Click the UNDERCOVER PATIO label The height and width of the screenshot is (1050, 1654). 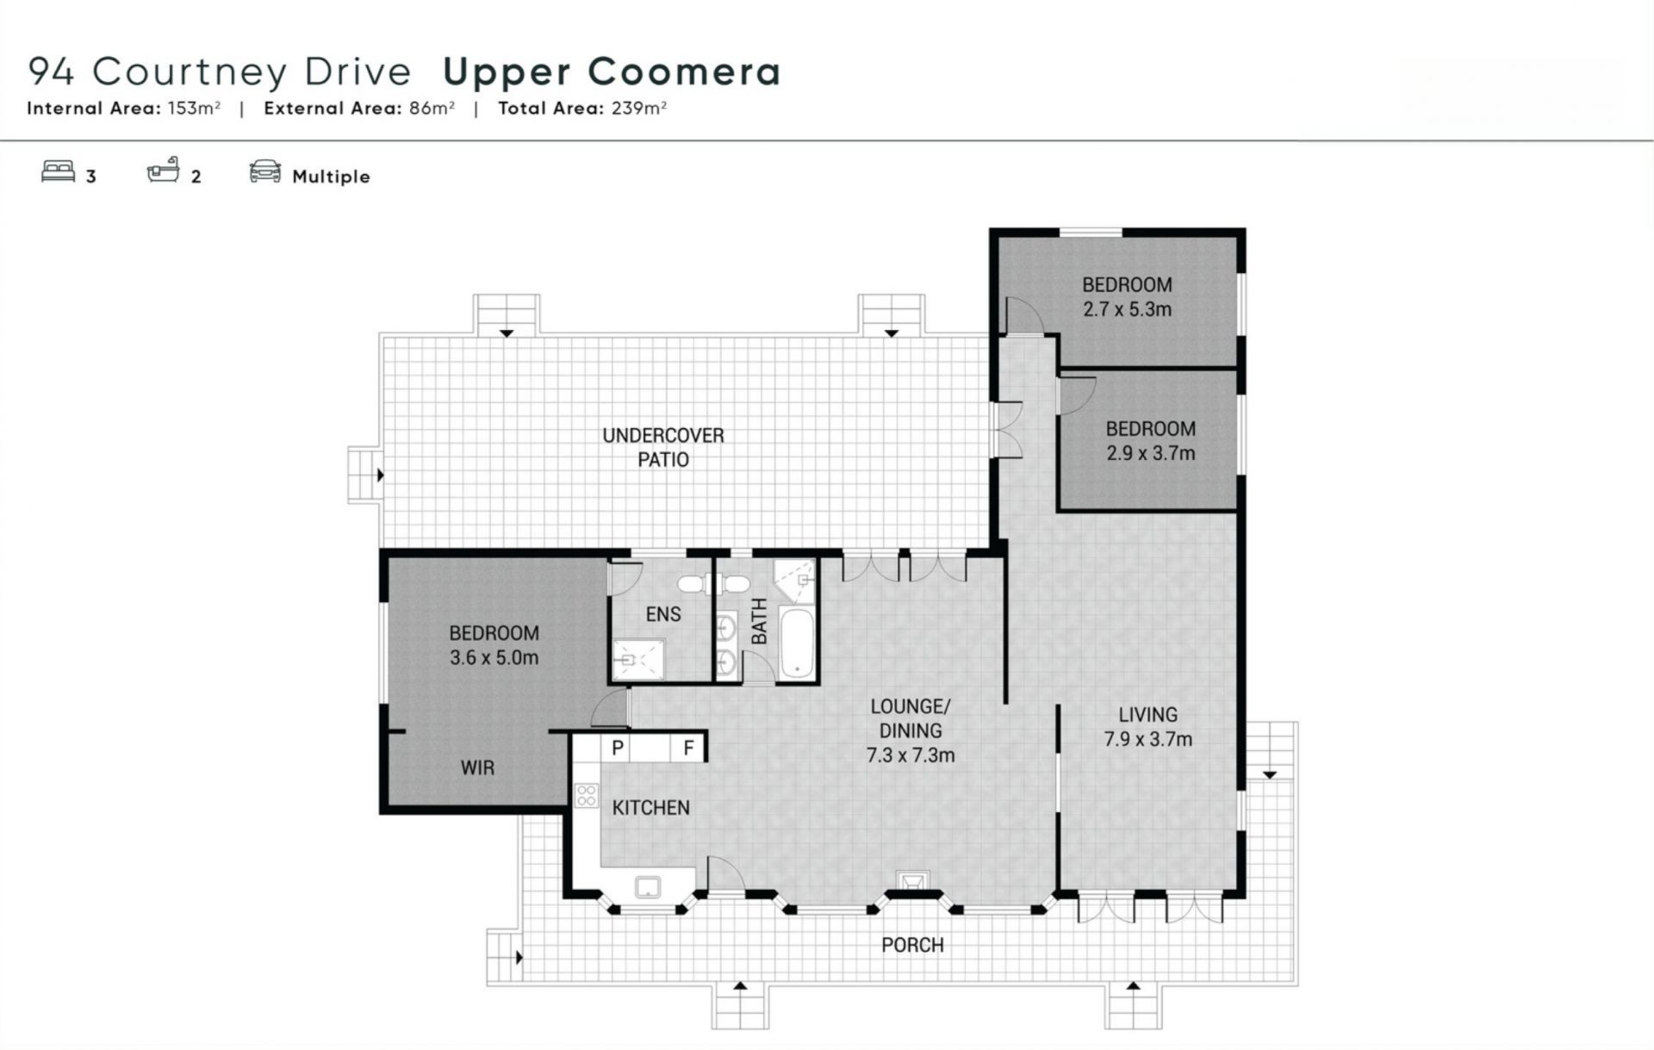663,447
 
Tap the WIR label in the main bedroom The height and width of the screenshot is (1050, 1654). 477,767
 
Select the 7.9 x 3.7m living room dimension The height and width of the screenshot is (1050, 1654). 1148,739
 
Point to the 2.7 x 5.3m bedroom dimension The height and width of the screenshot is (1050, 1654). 1127,309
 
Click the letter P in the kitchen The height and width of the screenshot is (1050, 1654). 618,748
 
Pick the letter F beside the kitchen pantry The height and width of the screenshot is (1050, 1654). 688,748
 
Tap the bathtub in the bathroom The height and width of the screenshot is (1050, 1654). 796,643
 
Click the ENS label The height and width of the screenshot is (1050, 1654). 663,614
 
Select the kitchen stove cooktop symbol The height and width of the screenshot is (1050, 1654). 587,795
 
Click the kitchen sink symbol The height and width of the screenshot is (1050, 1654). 648,886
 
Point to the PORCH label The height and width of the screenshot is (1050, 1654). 912,945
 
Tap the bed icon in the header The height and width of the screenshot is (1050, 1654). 58,171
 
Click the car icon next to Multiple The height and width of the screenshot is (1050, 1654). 265,171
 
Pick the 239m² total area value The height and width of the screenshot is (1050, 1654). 639,108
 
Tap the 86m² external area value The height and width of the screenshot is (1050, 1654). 432,108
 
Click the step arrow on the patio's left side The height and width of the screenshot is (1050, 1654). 380,475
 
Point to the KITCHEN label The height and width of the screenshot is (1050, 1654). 651,808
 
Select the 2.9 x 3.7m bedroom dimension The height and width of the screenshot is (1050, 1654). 1151,453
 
